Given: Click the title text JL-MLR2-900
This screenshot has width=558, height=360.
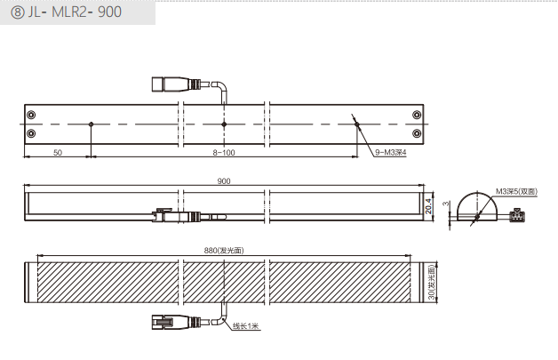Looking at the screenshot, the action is (75, 12).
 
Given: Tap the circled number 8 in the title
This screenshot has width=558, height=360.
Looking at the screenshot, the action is (17, 12).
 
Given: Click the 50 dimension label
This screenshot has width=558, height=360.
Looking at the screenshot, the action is (58, 152).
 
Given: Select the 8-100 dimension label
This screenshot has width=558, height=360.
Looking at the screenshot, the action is (224, 152).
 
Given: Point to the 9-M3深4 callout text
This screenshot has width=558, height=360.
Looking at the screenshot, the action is (390, 152).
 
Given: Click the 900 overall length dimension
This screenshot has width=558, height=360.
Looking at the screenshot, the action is (224, 181).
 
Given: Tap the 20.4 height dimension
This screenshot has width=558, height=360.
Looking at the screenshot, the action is (428, 206).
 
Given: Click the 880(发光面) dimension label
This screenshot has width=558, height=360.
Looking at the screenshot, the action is (224, 251).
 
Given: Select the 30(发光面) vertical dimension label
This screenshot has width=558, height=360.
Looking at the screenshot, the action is (432, 282).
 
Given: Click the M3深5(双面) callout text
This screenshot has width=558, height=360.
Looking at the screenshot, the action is (516, 192).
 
